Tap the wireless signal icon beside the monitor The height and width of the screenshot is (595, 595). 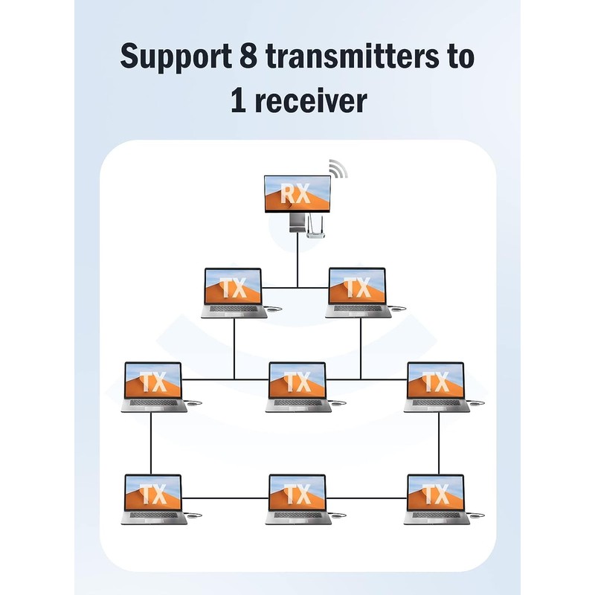338,169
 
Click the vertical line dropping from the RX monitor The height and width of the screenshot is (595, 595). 297,260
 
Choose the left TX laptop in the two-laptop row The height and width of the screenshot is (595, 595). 234,292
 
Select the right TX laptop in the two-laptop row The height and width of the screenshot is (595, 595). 358,292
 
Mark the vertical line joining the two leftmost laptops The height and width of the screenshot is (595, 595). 151,443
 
